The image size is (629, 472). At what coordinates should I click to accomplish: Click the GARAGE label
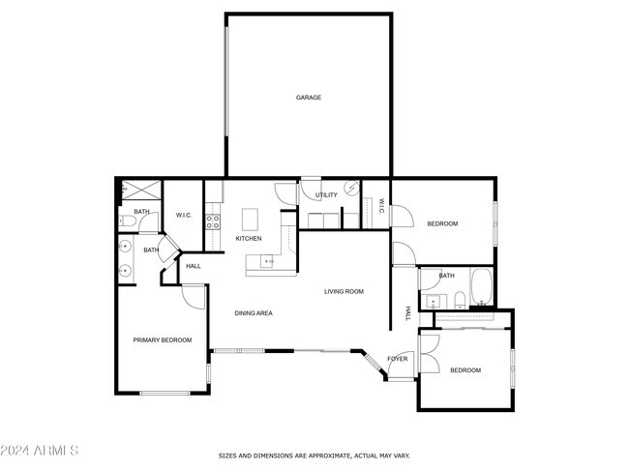(309, 97)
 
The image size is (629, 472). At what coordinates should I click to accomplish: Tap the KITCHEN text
(249, 238)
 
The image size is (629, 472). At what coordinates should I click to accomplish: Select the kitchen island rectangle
(250, 217)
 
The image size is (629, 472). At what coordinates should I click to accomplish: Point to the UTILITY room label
(326, 195)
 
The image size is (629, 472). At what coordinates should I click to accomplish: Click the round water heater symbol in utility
(353, 188)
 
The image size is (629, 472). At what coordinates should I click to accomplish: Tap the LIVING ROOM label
(344, 291)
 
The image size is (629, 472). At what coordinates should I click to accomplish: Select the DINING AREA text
(254, 312)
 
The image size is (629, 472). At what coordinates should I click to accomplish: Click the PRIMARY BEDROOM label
(162, 339)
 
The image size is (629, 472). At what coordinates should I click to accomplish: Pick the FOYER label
(398, 358)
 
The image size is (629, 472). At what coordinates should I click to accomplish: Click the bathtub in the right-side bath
(481, 287)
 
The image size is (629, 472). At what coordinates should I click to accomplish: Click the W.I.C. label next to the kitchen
(183, 215)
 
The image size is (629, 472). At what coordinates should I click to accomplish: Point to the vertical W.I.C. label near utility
(381, 206)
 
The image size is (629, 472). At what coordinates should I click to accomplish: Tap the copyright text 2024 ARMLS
(41, 451)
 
